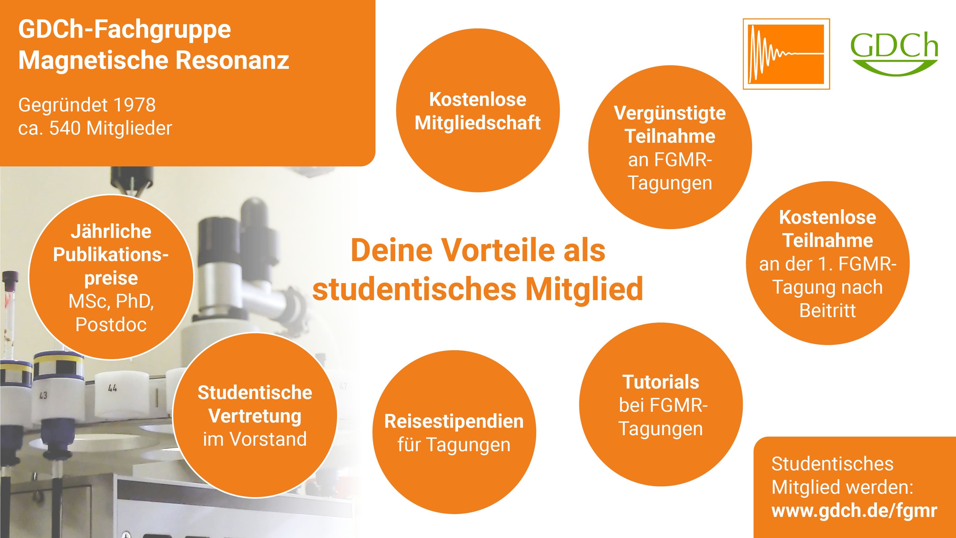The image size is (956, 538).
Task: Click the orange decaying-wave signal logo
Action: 786,54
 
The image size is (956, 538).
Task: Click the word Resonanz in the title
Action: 232,60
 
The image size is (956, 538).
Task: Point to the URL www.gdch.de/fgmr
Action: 854,511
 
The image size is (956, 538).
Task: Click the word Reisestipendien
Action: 454,421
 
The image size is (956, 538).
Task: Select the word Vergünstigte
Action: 670,113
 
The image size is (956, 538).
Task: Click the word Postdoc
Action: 111,325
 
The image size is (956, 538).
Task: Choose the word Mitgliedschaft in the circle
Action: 478,123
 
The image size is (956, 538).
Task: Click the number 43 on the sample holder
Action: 43,396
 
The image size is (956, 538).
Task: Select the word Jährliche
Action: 111,231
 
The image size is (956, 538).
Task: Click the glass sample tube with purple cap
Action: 10,316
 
